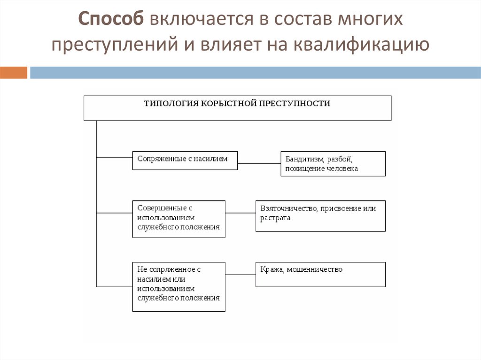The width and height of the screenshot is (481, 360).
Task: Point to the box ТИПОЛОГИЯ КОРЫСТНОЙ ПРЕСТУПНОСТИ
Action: [x=237, y=108]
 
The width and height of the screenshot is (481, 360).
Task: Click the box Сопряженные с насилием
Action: [x=185, y=160]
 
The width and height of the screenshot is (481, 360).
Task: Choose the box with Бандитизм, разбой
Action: [x=333, y=163]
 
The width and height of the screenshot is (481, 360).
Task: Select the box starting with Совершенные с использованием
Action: [x=178, y=219]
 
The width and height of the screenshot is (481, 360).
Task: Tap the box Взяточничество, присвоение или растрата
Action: [x=320, y=216]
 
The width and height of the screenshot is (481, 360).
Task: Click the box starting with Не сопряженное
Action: [x=178, y=286]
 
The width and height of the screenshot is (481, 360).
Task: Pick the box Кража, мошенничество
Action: [x=320, y=274]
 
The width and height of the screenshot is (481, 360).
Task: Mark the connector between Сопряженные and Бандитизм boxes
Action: [x=259, y=164]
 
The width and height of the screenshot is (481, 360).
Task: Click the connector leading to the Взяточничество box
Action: [x=240, y=214]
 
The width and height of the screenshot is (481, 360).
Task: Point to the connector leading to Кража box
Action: [x=240, y=274]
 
